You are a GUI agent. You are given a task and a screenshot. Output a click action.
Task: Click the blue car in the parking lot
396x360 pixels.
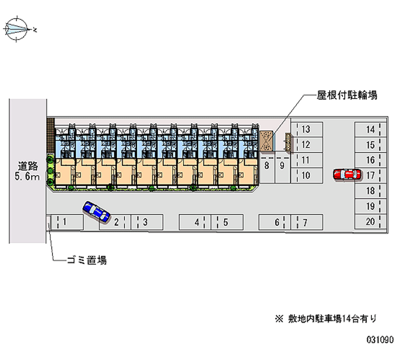point(97,211)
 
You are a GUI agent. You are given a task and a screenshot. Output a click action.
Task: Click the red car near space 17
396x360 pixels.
point(347,174)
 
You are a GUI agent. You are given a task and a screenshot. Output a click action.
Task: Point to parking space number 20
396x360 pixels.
point(370,221)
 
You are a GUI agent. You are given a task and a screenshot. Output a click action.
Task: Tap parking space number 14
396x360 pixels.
point(370,129)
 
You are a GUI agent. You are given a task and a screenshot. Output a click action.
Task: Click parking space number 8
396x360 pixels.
point(267,166)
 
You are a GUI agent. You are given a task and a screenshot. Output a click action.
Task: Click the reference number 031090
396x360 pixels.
point(380,341)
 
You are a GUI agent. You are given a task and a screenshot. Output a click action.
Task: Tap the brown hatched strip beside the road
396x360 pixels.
point(49,136)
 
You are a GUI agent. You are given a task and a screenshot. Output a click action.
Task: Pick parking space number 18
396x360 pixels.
point(370,191)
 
